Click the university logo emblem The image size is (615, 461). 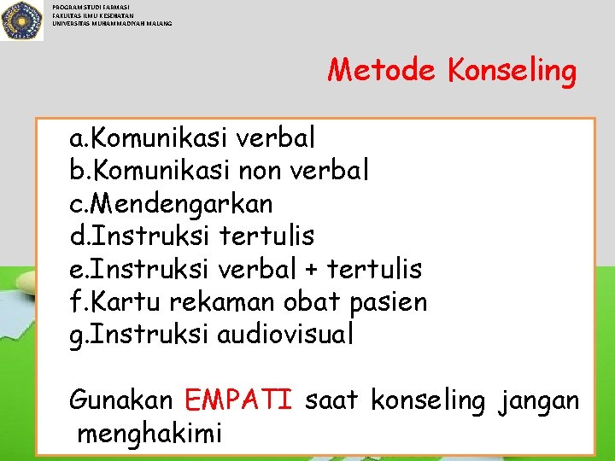point(22,20)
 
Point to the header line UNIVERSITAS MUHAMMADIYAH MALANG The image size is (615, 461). point(112,23)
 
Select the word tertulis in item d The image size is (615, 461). point(266,236)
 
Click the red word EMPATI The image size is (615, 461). point(238,400)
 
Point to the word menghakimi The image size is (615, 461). point(149,433)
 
